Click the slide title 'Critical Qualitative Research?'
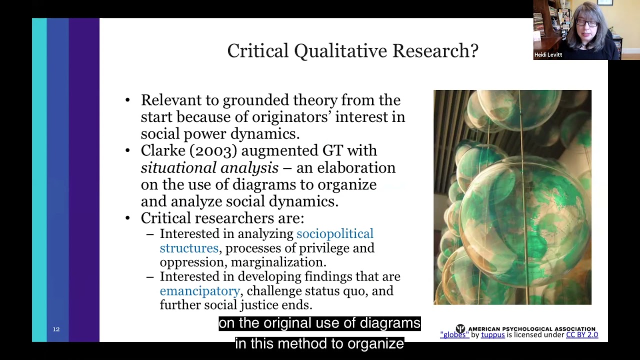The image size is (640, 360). pyautogui.click(x=352, y=51)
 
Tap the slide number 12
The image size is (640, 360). pyautogui.click(x=56, y=329)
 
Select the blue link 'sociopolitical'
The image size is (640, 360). pyautogui.click(x=334, y=234)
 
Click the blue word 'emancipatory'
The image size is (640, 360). pyautogui.click(x=199, y=291)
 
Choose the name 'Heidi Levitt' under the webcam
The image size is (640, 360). pyautogui.click(x=548, y=55)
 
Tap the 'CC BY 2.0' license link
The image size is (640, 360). pyautogui.click(x=581, y=335)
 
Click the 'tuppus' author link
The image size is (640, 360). pyautogui.click(x=492, y=335)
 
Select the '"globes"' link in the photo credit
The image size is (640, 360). pyautogui.click(x=454, y=335)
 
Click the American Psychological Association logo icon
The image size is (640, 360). pyautogui.click(x=460, y=328)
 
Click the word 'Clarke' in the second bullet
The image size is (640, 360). pyautogui.click(x=163, y=150)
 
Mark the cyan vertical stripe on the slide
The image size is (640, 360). pyautogui.click(x=39, y=180)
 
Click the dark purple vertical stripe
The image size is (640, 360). pyautogui.click(x=84, y=180)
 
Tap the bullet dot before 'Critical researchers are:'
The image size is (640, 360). pyautogui.click(x=128, y=218)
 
